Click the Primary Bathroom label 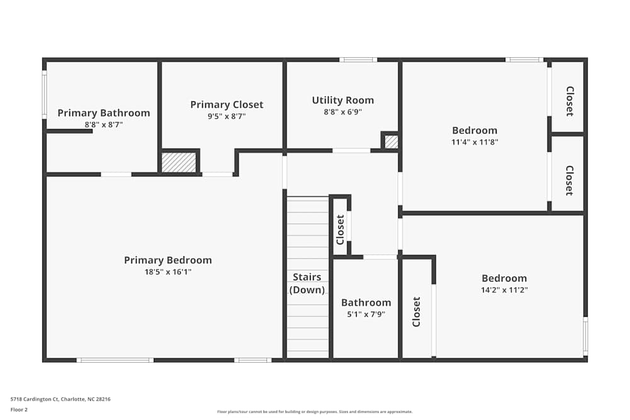point(103,113)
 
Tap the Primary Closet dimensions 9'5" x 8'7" point(226,116)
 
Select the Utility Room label point(343,100)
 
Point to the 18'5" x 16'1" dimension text point(168,272)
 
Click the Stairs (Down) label point(307,283)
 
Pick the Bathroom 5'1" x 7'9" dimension point(366,314)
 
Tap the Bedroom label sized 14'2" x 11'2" point(504,278)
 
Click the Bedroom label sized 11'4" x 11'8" point(474,130)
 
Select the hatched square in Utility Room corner point(391,142)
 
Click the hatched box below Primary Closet point(179,162)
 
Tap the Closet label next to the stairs point(340,229)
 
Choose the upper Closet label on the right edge point(569,101)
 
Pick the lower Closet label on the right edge point(569,180)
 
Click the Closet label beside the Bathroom point(416,312)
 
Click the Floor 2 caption point(19,409)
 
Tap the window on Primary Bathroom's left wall point(44,94)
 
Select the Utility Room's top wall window point(358,60)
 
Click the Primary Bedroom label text point(168,260)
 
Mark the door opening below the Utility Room point(352,150)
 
